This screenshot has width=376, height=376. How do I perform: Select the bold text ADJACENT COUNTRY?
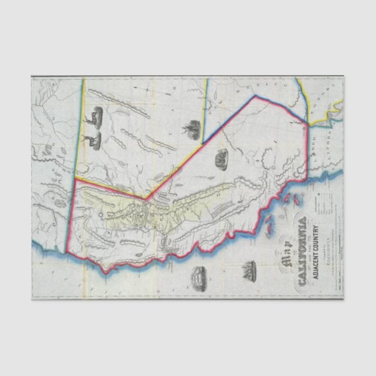[x=318, y=245]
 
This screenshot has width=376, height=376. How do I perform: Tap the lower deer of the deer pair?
[x=92, y=139]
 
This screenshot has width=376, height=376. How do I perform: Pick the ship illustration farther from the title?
[x=198, y=274]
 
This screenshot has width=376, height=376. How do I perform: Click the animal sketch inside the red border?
[x=221, y=158]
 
